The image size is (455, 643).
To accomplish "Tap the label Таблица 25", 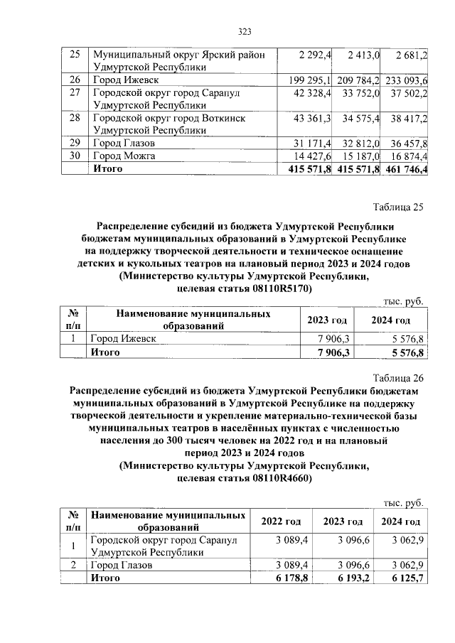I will (x=398, y=207).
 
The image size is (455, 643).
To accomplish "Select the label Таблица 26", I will (x=398, y=377).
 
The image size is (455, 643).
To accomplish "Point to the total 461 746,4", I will (x=404, y=168).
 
